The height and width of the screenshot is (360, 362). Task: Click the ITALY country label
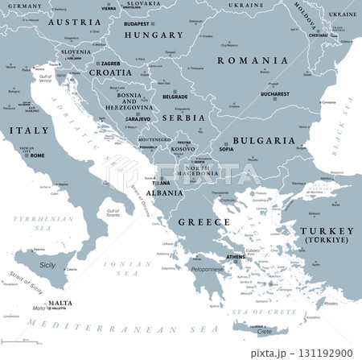coord(23,130)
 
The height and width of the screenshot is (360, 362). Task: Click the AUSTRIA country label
coord(74,23)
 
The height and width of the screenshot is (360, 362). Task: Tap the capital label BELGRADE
coord(175,96)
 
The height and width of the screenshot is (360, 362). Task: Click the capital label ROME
coord(37,155)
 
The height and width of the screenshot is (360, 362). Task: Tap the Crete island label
coord(263,330)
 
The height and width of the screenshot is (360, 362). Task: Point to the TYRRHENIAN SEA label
coord(29,223)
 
